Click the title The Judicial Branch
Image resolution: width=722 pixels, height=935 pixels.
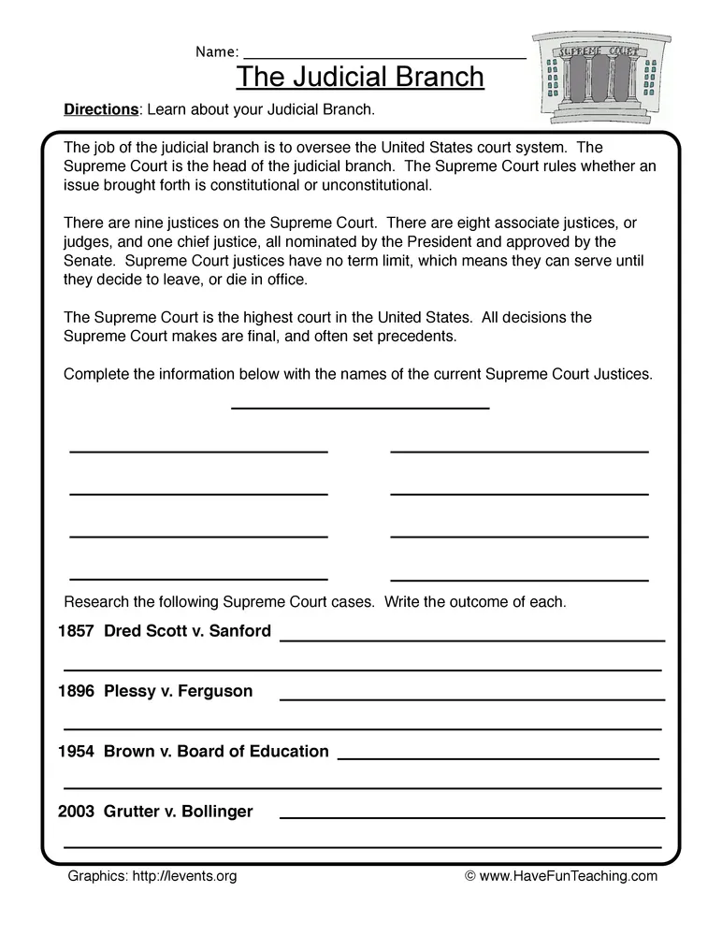360,76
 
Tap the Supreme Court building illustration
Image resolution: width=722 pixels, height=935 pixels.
601,76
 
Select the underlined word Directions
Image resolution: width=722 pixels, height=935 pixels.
100,109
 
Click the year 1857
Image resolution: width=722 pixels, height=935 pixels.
76,631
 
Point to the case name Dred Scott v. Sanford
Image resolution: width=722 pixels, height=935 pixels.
187,631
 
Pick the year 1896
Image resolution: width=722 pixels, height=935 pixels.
76,692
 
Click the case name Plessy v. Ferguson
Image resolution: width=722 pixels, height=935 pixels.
178,692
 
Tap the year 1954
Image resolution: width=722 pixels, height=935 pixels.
76,752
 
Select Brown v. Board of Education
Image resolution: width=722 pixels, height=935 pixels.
216,752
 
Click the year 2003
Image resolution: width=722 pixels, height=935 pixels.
76,812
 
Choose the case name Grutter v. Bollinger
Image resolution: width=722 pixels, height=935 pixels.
178,812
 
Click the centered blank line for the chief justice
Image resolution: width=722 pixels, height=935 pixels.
360,407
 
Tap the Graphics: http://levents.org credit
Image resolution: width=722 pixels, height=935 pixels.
152,876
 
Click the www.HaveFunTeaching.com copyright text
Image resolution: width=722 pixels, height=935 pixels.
561,876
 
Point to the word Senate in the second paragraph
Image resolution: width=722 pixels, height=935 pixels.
90,260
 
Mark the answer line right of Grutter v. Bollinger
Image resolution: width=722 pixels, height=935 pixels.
471,816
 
